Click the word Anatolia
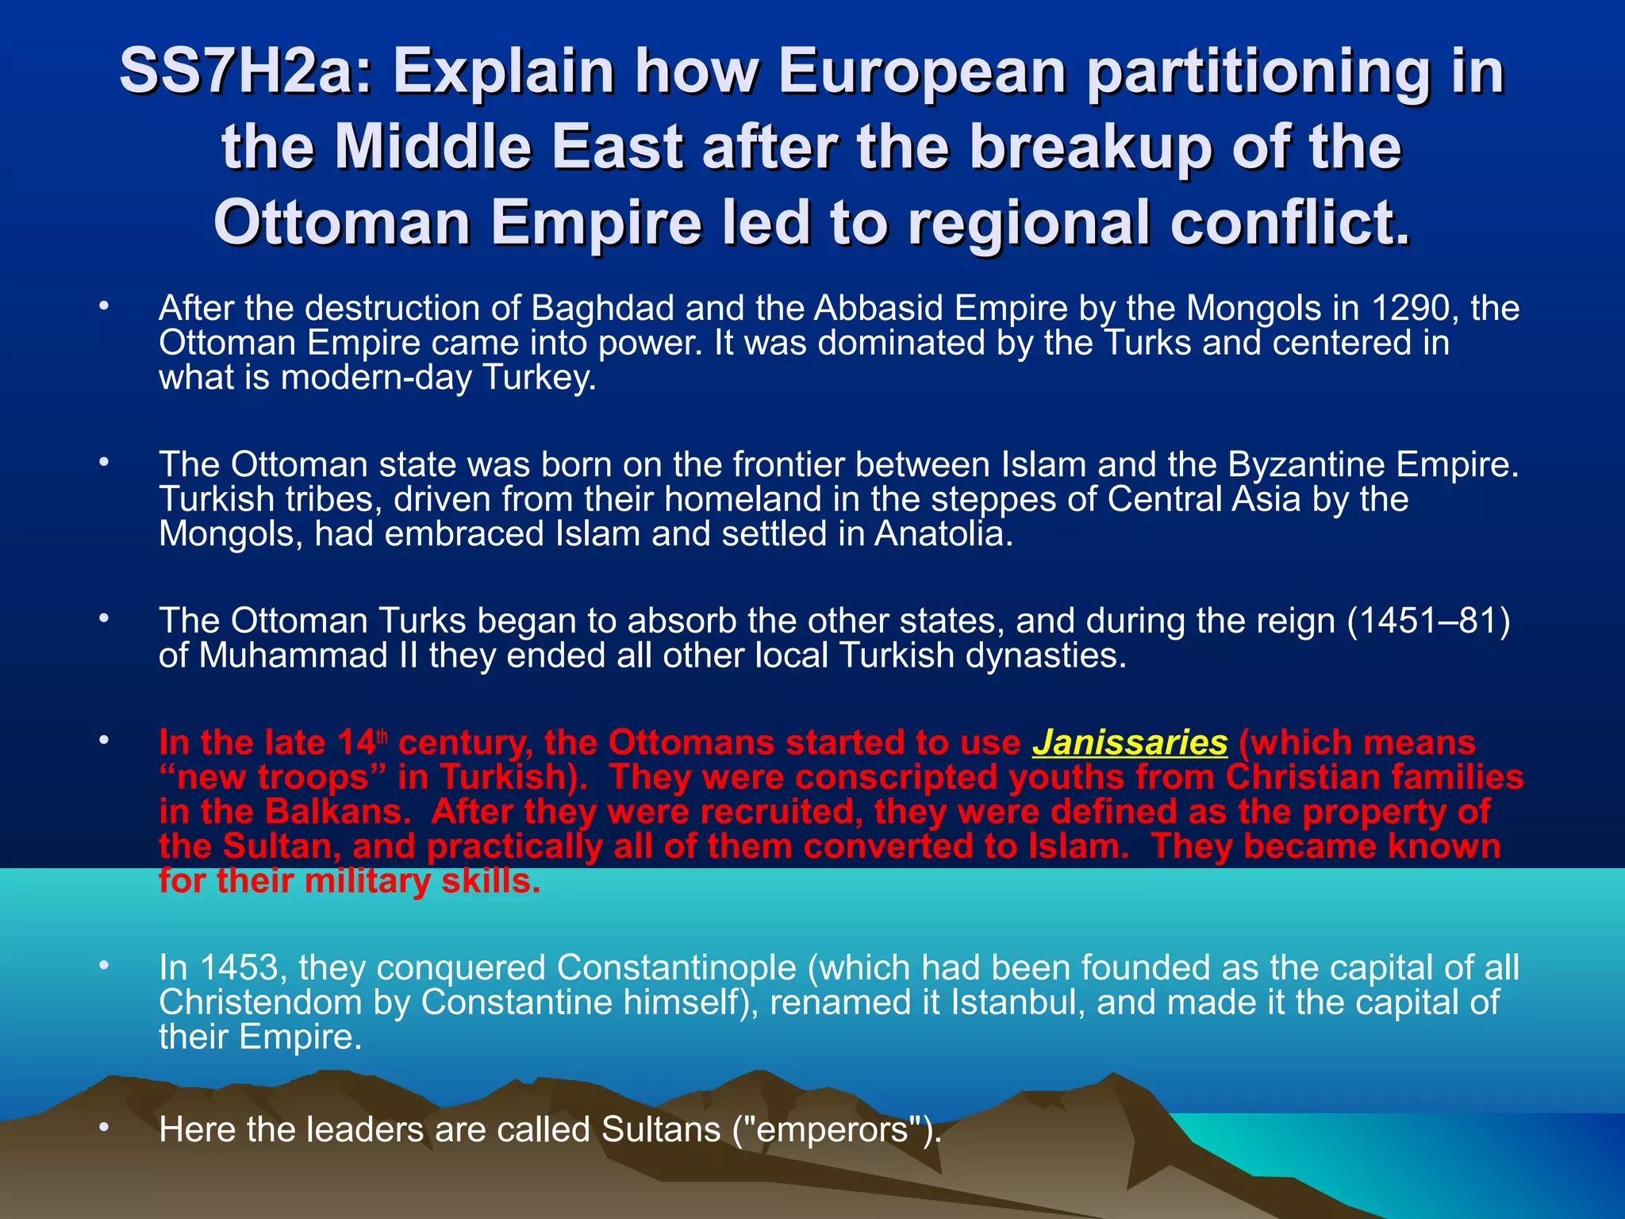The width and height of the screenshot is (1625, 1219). [x=943, y=534]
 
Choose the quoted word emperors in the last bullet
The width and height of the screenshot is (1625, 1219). [x=832, y=1130]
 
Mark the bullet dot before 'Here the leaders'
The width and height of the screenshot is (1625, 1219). [x=103, y=1128]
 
